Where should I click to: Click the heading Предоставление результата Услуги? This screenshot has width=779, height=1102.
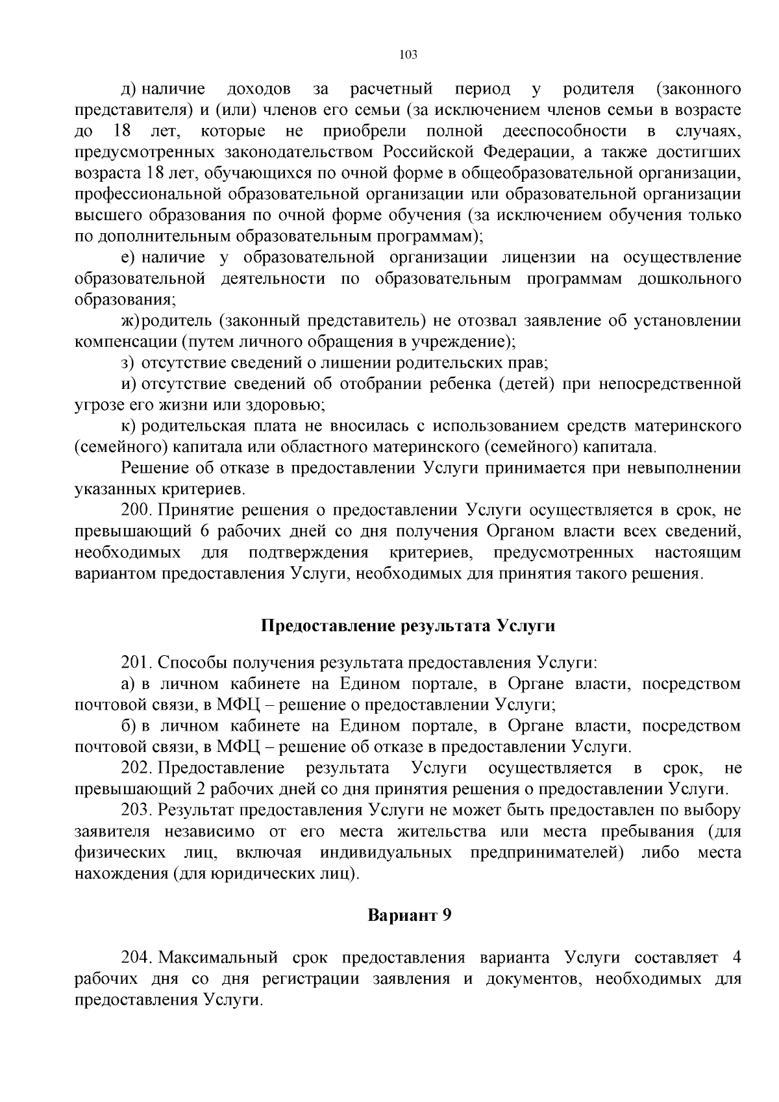[408, 626]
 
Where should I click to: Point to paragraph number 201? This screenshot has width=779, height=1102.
[136, 663]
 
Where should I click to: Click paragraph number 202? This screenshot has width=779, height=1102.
[136, 769]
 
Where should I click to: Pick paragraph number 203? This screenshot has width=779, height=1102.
[136, 811]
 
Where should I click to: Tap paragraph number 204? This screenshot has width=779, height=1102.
[136, 958]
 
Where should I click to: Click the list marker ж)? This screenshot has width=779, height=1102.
[132, 321]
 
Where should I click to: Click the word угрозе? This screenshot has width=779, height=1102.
[96, 405]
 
